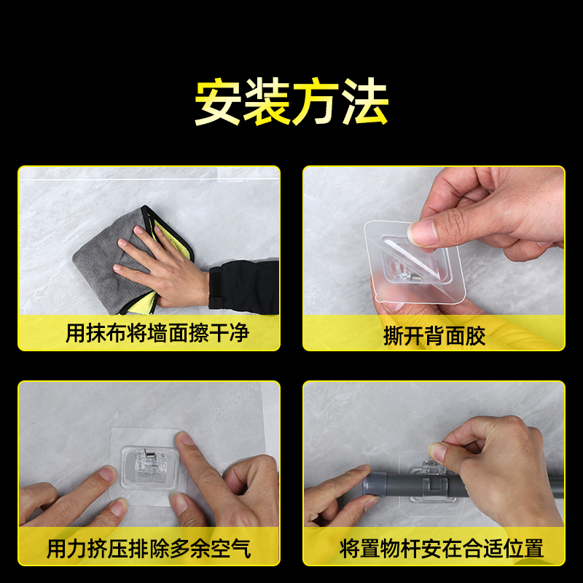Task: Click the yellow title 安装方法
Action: click(291, 103)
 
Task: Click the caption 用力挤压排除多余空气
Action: click(149, 548)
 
